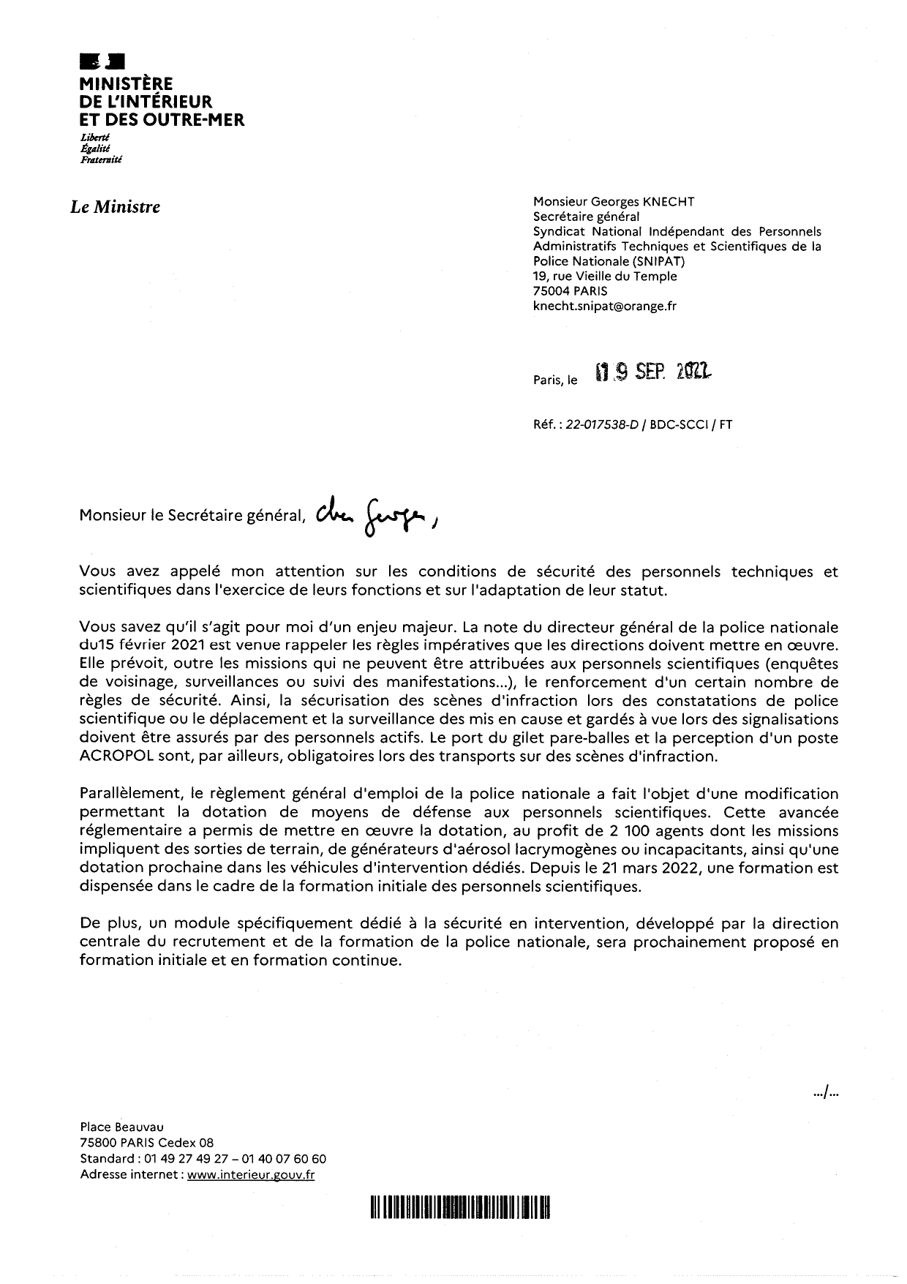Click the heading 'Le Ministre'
[115, 207]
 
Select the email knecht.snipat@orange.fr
[604, 307]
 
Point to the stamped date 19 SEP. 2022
[653, 374]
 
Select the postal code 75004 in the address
[552, 291]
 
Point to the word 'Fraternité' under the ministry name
[101, 158]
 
